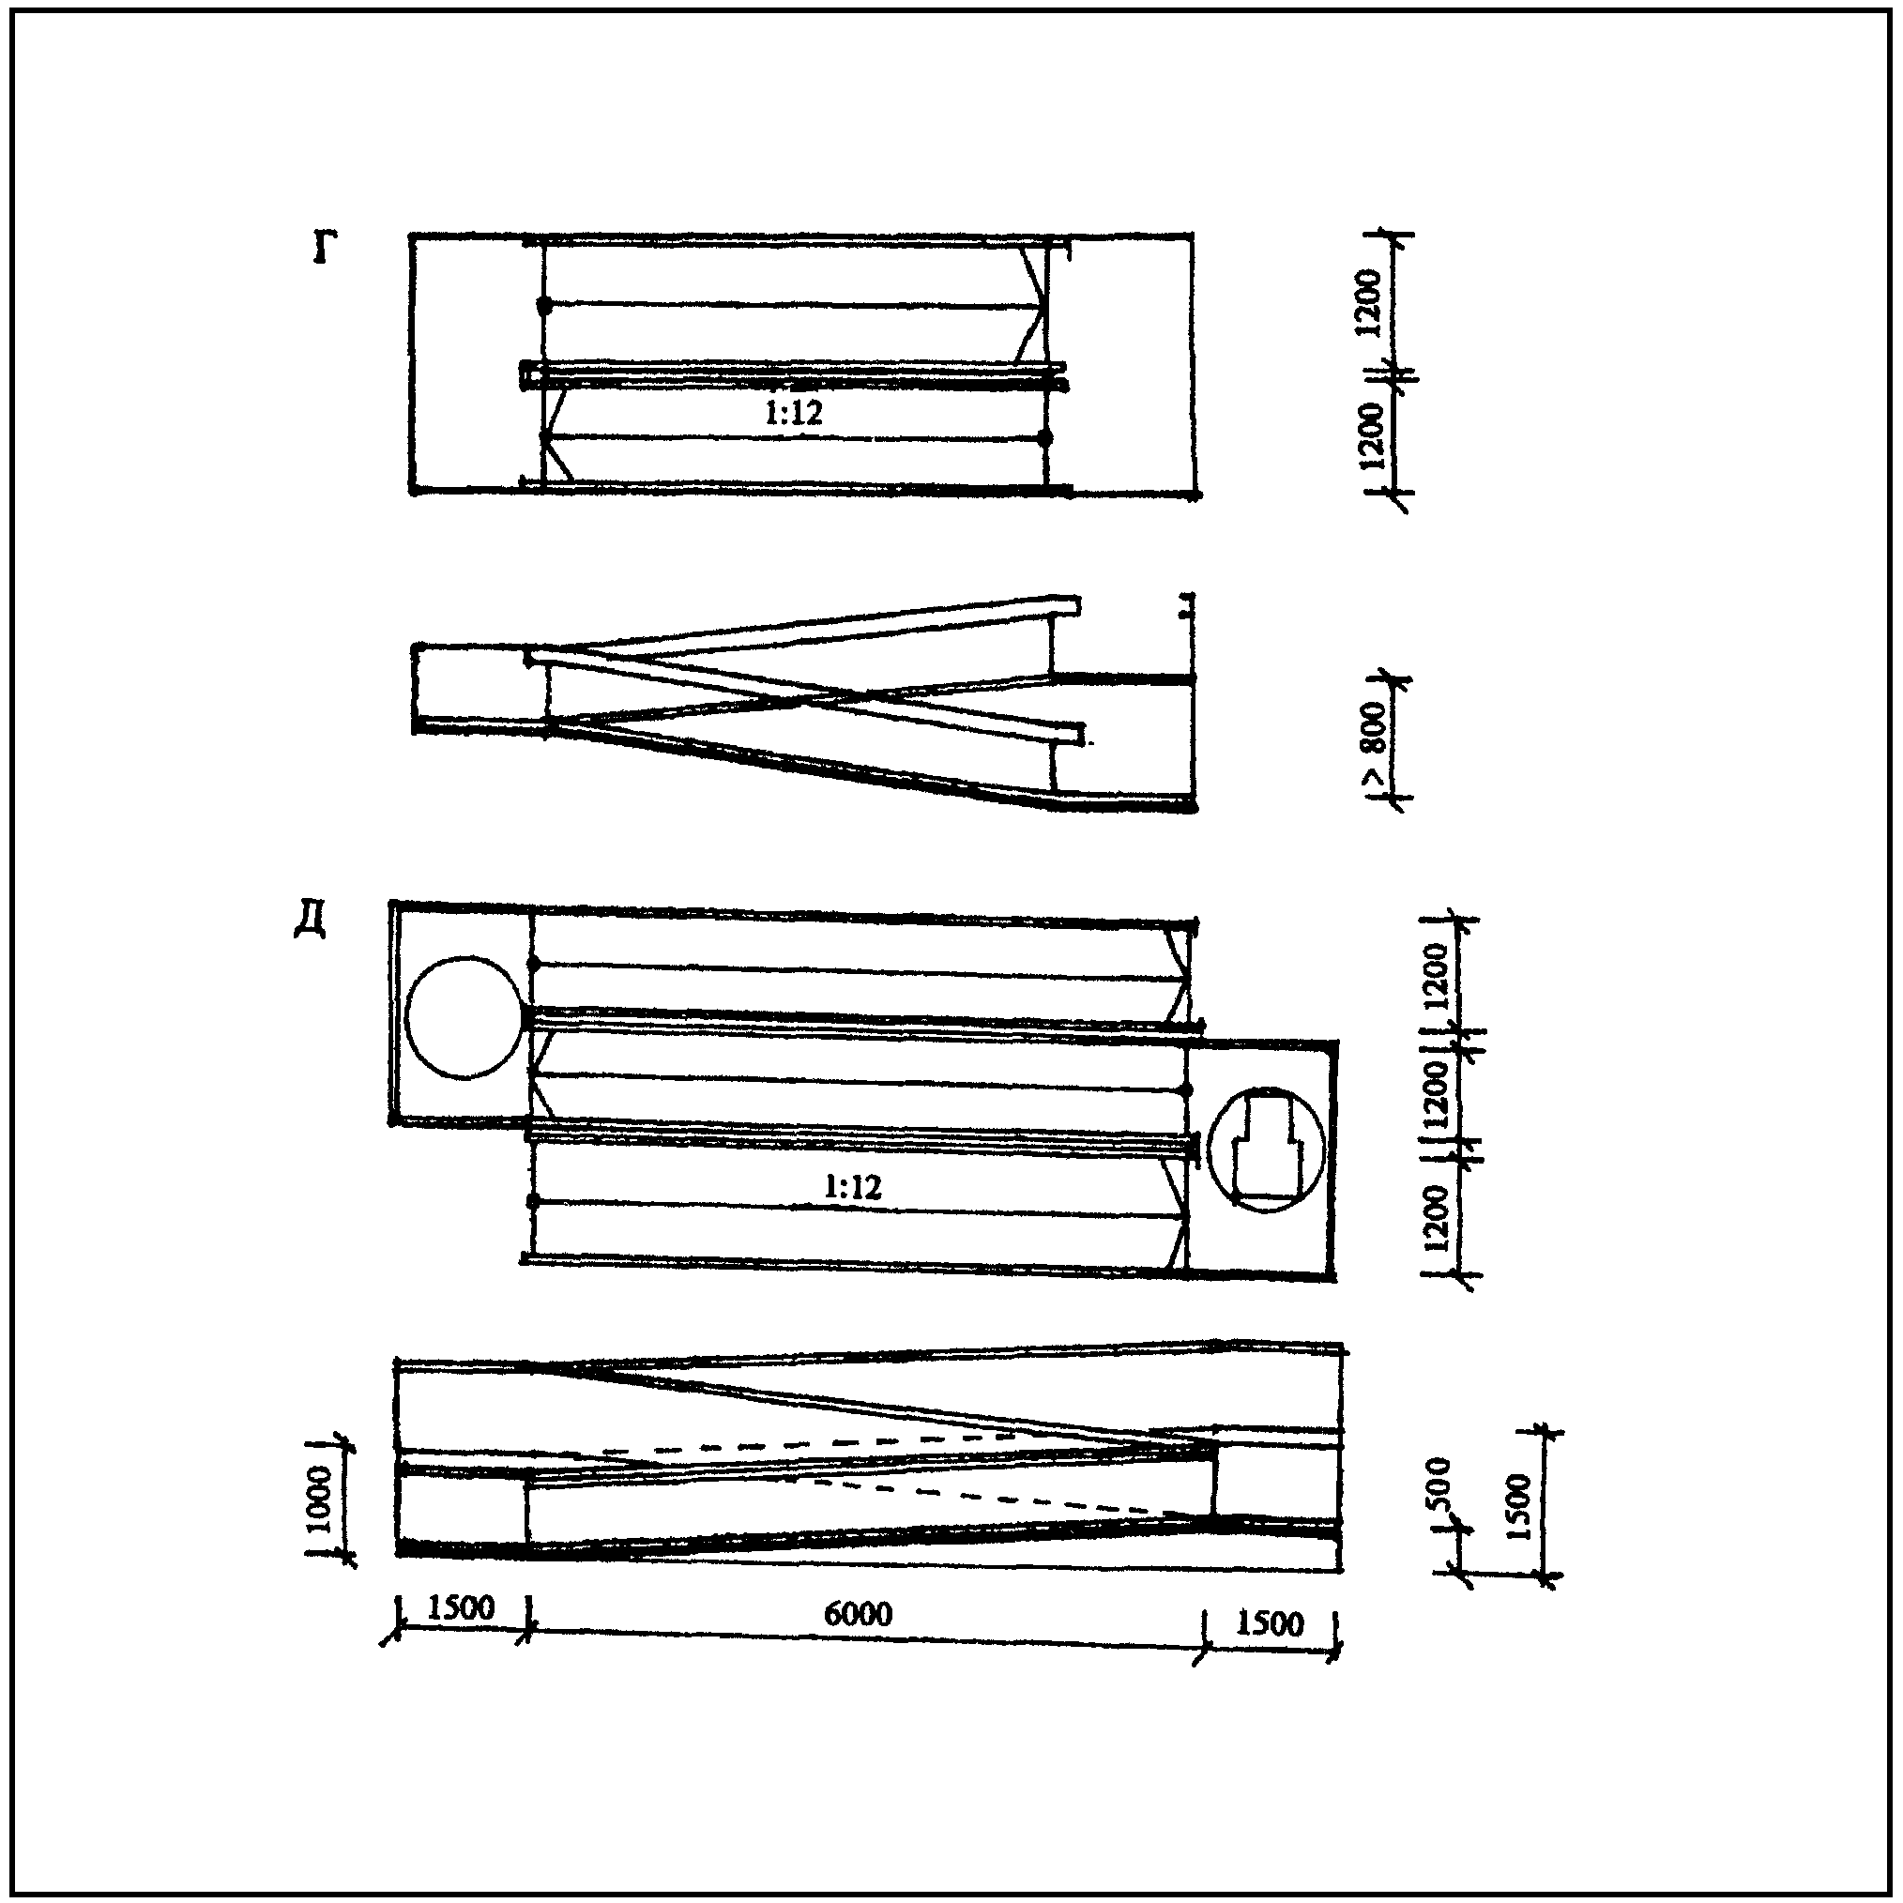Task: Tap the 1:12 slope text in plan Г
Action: tap(793, 413)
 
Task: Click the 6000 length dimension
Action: tap(858, 1613)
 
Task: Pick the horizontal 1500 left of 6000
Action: tap(461, 1607)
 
